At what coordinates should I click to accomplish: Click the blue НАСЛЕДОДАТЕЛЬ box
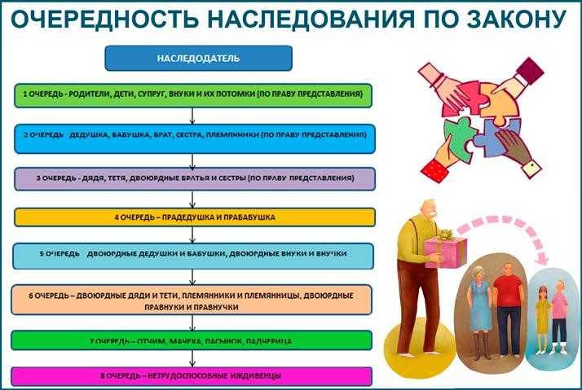[199, 59]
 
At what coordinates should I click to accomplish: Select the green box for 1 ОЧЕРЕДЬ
[194, 95]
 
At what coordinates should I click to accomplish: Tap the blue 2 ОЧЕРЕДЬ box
[194, 138]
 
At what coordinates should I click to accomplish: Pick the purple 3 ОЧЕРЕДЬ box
[194, 177]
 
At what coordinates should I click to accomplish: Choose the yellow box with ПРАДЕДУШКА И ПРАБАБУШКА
[194, 217]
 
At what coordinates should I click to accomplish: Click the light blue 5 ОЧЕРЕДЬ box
[194, 255]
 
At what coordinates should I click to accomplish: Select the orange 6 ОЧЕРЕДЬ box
[194, 300]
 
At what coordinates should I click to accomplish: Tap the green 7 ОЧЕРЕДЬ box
[194, 340]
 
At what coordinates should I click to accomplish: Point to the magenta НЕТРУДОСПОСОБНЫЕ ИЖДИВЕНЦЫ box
[194, 376]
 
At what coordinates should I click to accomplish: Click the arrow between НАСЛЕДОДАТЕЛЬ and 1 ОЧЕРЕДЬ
[194, 77]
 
